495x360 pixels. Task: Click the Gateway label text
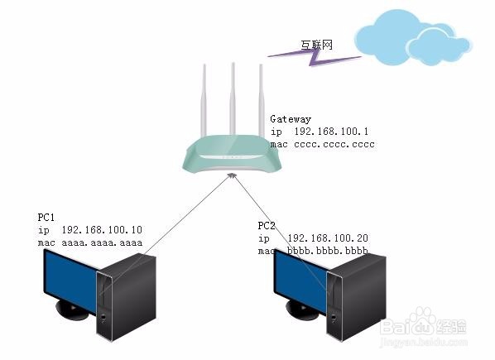[291, 119]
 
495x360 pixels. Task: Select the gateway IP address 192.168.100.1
[331, 132]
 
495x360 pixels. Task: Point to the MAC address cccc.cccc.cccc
[334, 145]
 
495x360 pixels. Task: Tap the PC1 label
[46, 218]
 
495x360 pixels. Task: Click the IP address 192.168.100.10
[102, 230]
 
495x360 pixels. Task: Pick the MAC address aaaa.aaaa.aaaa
[102, 243]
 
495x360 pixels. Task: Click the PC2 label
[267, 226]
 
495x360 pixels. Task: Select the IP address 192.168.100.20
[328, 238]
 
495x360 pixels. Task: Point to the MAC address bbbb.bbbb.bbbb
[328, 251]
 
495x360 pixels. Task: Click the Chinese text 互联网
[317, 46]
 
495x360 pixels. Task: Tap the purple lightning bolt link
[314, 57]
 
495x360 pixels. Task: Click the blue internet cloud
[413, 38]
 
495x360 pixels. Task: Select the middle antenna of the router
[233, 99]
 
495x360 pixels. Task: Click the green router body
[232, 154]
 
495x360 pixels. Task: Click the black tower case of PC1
[127, 296]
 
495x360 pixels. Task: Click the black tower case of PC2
[356, 296]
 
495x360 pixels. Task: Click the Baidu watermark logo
[423, 325]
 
